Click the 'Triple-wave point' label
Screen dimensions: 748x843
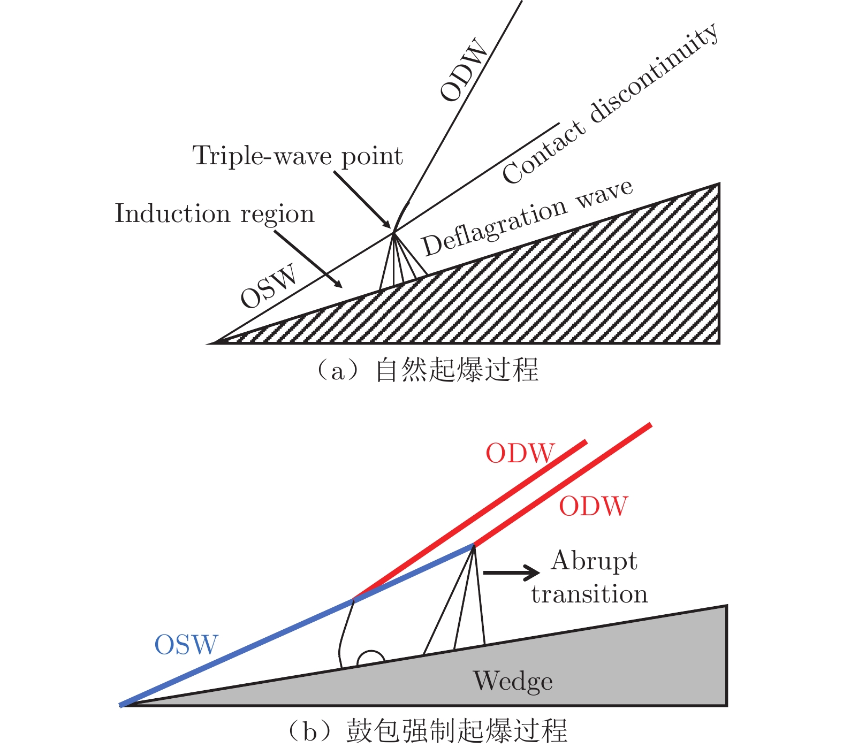[298, 156]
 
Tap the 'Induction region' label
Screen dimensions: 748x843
[214, 213]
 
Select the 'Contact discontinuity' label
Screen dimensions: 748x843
[610, 104]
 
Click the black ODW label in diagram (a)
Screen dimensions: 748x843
[464, 70]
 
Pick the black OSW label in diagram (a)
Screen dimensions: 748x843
[268, 286]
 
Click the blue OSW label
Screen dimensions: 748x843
[186, 645]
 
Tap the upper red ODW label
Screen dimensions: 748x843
[520, 454]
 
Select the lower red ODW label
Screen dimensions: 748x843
[593, 506]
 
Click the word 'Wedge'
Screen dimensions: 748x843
[513, 682]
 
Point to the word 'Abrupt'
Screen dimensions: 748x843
[594, 561]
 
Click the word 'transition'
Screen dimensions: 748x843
[589, 594]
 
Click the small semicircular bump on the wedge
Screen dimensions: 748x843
[370, 659]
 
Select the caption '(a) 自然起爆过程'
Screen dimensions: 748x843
[427, 370]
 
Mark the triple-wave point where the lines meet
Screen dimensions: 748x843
[394, 232]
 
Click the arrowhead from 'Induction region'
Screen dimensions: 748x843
[338, 284]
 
